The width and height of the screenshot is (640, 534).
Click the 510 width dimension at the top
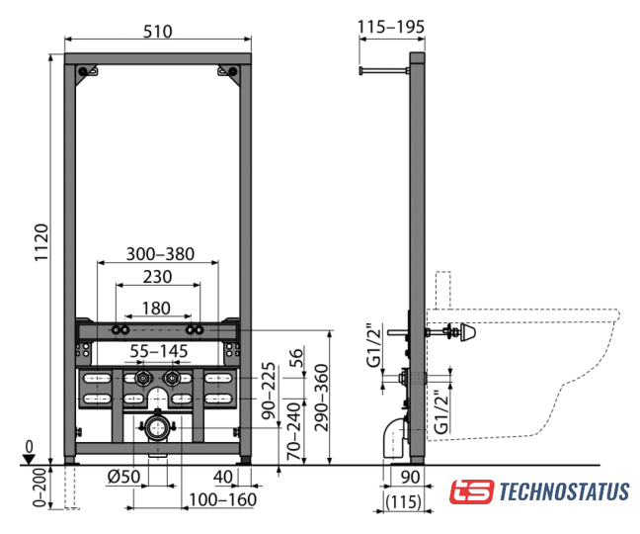(x=158, y=31)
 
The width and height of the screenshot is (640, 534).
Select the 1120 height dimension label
(x=41, y=242)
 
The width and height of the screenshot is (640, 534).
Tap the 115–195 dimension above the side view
(x=391, y=27)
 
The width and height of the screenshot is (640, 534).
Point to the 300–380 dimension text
(x=160, y=254)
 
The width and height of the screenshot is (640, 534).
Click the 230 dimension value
(x=158, y=277)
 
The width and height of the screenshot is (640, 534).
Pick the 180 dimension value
(x=156, y=309)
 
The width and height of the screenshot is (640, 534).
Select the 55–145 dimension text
(x=159, y=351)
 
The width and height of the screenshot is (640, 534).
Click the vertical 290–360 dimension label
(x=322, y=398)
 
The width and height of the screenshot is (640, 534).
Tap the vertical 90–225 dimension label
(x=269, y=391)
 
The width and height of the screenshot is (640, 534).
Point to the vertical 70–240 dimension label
(x=294, y=432)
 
